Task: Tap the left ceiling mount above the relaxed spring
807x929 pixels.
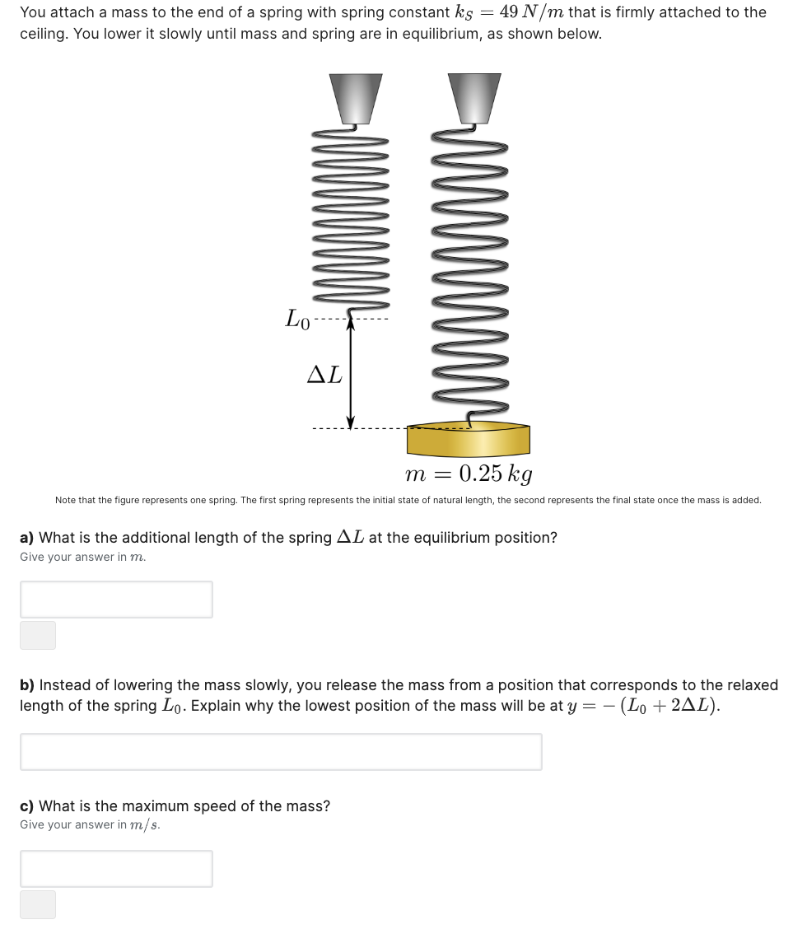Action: (356, 97)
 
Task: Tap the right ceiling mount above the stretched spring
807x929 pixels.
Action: (474, 97)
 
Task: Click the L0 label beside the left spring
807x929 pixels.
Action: (297, 318)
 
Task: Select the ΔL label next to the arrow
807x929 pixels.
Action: (324, 375)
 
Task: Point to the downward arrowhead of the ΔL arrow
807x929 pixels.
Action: (351, 422)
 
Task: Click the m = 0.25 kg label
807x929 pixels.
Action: (469, 474)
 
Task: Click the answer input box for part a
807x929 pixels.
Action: (116, 599)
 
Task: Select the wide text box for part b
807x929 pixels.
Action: (281, 751)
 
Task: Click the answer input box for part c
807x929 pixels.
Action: (116, 868)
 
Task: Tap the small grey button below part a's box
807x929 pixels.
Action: (38, 635)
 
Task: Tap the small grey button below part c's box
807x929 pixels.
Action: (38, 903)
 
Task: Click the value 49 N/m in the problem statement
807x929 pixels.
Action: (531, 12)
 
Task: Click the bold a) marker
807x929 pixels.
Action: (27, 538)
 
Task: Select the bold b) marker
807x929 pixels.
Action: (27, 685)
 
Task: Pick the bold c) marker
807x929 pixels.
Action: (27, 806)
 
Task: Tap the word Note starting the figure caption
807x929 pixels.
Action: (65, 500)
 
